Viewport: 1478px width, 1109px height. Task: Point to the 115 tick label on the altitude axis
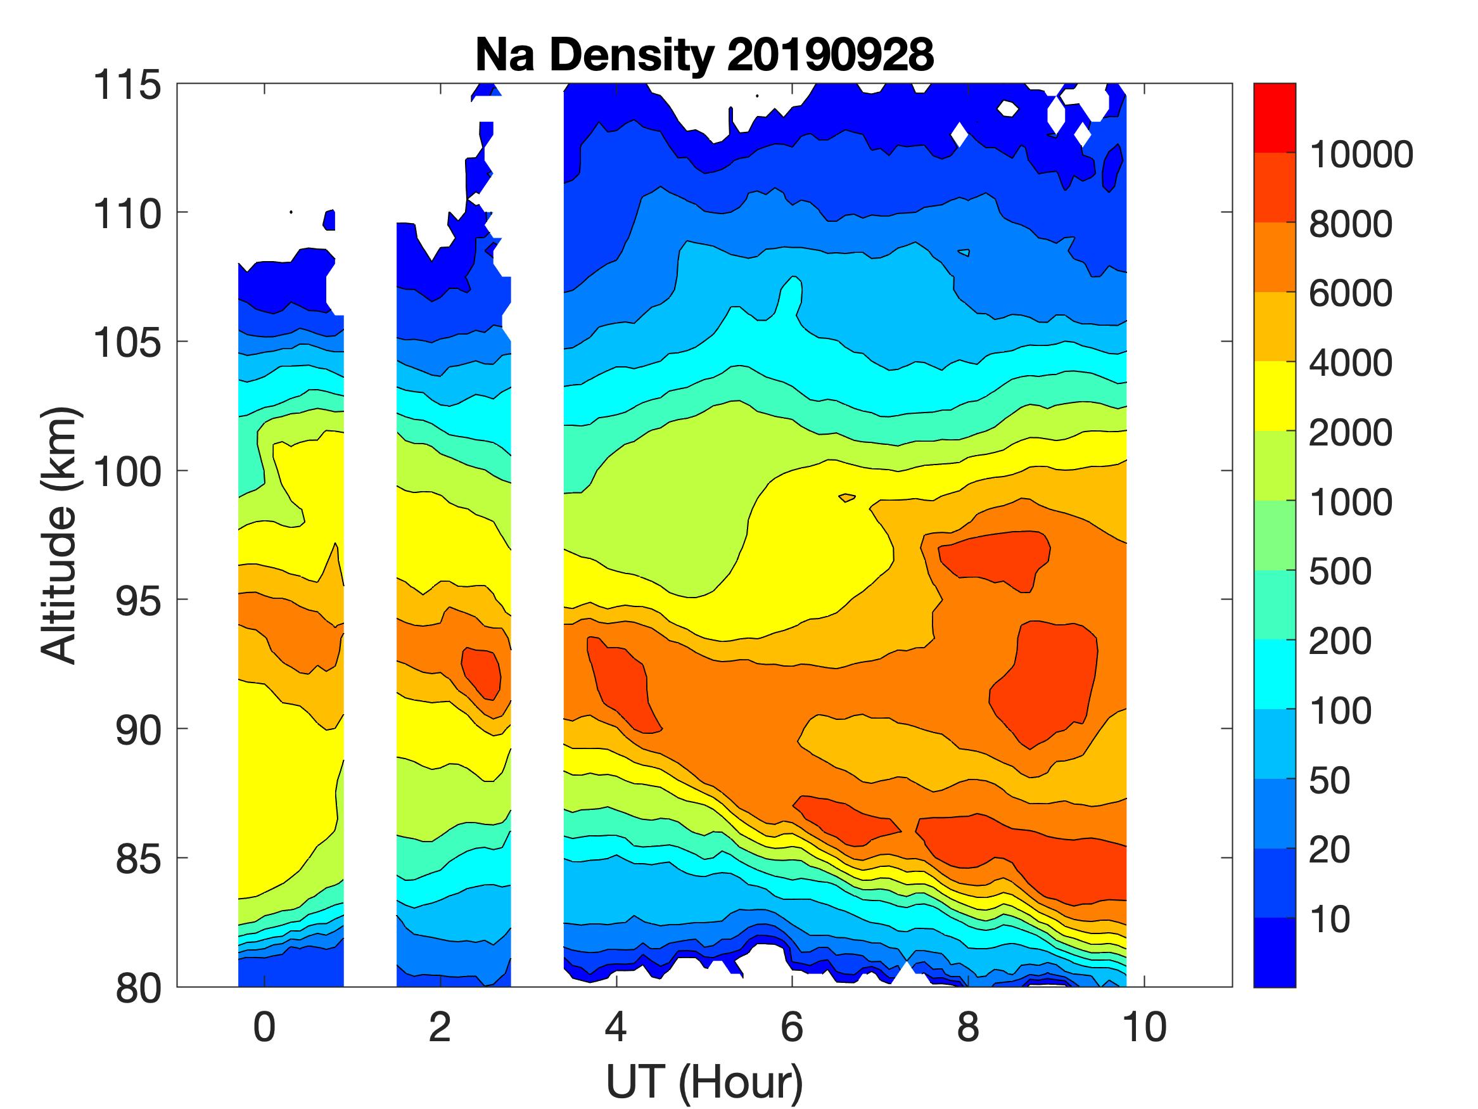point(127,86)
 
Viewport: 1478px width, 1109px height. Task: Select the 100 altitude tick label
point(127,472)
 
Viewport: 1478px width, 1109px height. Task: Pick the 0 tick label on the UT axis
point(264,1027)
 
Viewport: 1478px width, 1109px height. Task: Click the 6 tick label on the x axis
point(792,1027)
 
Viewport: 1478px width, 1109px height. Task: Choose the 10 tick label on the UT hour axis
point(1144,1027)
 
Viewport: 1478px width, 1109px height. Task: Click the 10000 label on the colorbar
point(1361,155)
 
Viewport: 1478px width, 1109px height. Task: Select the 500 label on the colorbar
point(1340,572)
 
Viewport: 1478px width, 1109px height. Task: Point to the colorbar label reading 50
point(1329,780)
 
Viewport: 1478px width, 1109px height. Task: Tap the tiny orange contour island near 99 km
point(846,497)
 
